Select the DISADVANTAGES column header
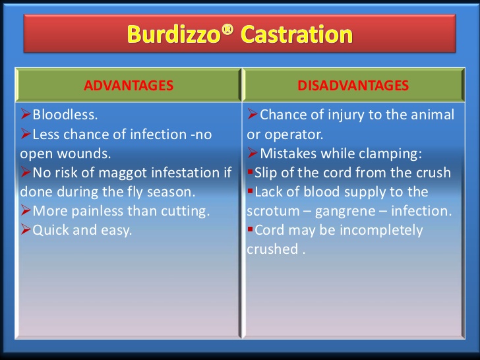coord(353,85)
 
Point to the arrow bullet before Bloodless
coord(26,115)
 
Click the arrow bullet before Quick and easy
coord(26,231)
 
